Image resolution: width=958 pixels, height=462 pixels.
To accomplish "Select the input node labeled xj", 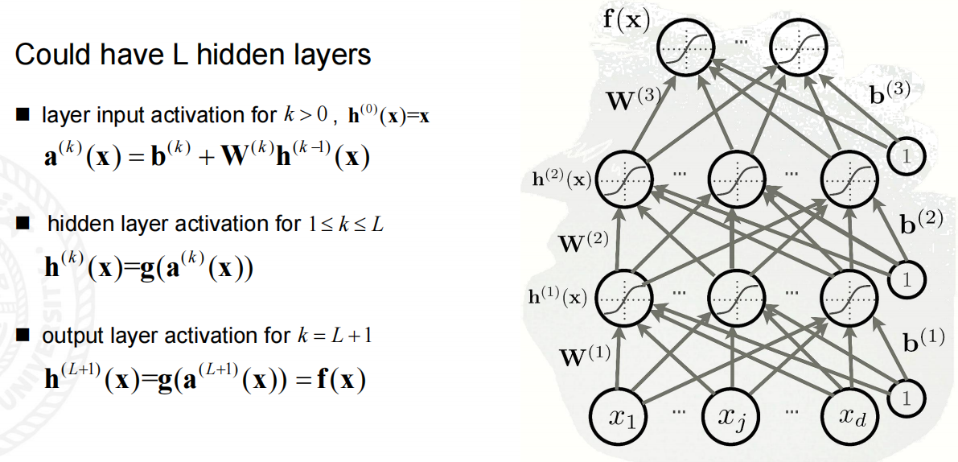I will pos(733,418).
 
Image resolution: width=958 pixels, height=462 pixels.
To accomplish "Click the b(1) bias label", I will pos(923,341).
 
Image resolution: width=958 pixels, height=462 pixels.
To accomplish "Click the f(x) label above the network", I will pos(627,18).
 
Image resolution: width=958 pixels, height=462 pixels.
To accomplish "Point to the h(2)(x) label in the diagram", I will pos(561,179).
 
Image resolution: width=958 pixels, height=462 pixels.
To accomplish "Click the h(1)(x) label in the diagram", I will pos(557,296).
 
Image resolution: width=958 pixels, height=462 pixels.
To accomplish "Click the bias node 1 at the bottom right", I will pos(907,397).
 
